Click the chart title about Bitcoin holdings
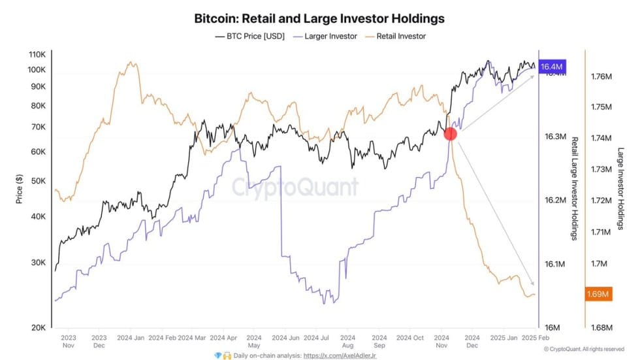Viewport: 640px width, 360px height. coord(319,18)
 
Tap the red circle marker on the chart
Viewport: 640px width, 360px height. coord(450,134)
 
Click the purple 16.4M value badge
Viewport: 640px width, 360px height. coord(552,67)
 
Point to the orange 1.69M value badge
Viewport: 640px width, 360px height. coord(598,294)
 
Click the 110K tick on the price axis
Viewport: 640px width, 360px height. coord(36,54)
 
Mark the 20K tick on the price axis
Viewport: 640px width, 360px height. coord(37,327)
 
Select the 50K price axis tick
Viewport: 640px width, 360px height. coord(37,181)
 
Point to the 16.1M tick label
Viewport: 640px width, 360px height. coord(554,264)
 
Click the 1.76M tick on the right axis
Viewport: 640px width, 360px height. coord(600,76)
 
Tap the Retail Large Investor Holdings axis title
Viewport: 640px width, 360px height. coord(575,188)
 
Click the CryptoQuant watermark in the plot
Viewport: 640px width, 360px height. coord(295,188)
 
